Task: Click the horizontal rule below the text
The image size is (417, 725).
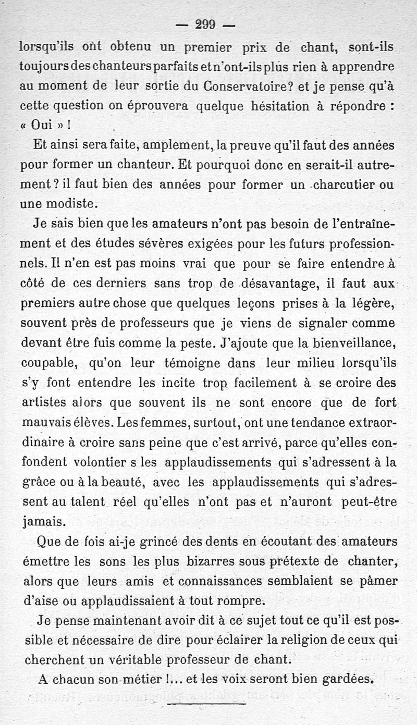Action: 207,704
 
